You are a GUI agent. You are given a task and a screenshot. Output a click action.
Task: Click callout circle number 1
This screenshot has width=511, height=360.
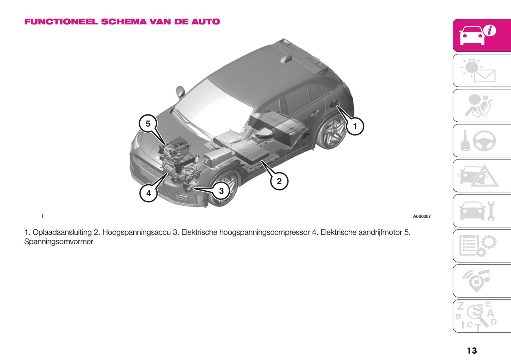(355, 126)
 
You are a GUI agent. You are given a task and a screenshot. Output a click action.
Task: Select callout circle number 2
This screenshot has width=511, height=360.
(279, 181)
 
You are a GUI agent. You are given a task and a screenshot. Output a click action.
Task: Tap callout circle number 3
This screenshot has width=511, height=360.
(221, 191)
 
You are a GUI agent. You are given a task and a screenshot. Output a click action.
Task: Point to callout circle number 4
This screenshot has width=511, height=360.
(149, 193)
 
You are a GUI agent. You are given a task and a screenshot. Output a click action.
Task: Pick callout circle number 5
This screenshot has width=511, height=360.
(148, 123)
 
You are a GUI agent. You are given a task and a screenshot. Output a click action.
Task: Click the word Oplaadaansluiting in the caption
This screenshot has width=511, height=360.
(62, 232)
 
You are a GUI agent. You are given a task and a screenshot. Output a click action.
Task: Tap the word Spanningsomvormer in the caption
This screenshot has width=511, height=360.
(59, 242)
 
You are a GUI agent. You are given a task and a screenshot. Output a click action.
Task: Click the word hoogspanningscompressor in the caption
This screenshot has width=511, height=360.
(265, 232)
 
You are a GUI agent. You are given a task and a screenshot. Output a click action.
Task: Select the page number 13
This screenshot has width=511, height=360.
(472, 350)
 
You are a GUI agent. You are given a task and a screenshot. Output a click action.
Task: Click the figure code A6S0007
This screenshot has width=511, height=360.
(422, 216)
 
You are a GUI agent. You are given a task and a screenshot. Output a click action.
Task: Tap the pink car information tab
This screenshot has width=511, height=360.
(482, 35)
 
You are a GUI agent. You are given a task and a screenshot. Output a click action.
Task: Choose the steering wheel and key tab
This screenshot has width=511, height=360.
(482, 140)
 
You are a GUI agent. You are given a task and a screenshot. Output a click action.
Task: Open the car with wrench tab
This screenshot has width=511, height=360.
(482, 211)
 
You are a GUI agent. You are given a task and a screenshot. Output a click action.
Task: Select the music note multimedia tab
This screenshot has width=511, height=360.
(482, 281)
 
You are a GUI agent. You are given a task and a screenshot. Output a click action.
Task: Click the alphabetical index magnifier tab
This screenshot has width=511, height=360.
(482, 316)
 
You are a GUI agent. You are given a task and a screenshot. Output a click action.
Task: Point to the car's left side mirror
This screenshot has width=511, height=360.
(180, 91)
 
